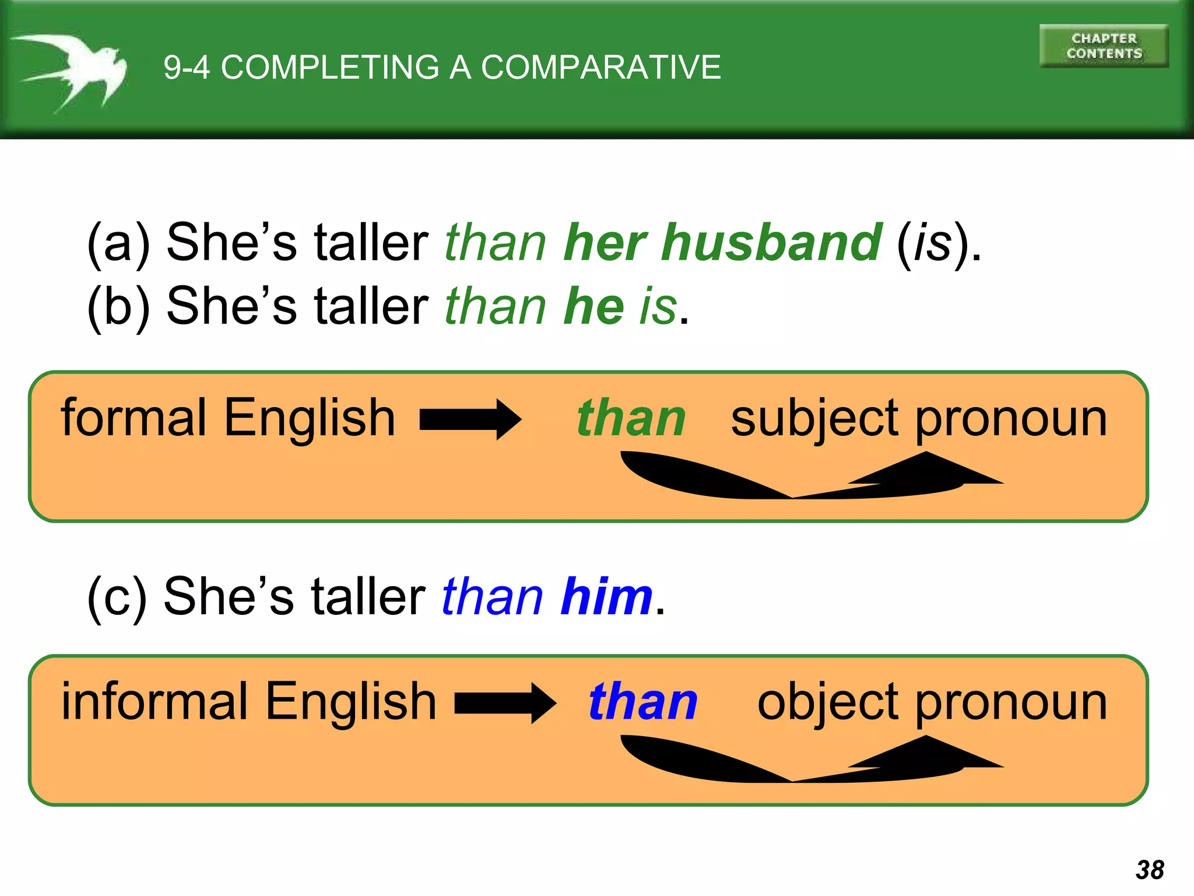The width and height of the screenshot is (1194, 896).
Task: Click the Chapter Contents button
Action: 1104,46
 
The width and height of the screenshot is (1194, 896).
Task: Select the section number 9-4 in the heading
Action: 186,67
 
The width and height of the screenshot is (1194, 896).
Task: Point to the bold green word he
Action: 594,306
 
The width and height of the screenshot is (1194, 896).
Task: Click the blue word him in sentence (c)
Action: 606,596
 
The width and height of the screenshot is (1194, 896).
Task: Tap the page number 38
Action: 1149,869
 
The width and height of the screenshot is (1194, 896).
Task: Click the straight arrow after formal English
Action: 470,419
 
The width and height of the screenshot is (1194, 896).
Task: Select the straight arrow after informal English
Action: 505,703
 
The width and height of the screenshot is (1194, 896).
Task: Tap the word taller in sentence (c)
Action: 368,596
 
